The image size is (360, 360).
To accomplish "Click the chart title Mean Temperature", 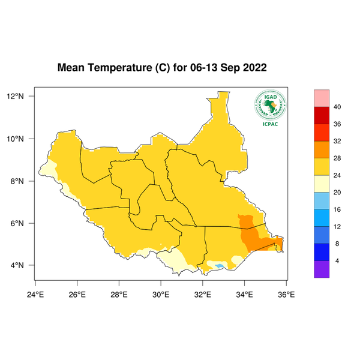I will point(162,68).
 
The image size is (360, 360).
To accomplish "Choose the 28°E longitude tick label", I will point(119,294).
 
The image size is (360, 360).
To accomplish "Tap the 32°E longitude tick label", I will point(203,294).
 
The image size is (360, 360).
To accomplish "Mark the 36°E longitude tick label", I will point(286,294).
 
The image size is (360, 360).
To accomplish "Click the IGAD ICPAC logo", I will point(270,109).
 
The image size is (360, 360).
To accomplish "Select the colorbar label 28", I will point(338,158).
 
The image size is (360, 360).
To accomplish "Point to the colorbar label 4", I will point(337,261).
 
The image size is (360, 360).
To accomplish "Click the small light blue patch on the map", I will point(220,266).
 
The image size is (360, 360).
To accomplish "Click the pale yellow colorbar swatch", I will point(322,184).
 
